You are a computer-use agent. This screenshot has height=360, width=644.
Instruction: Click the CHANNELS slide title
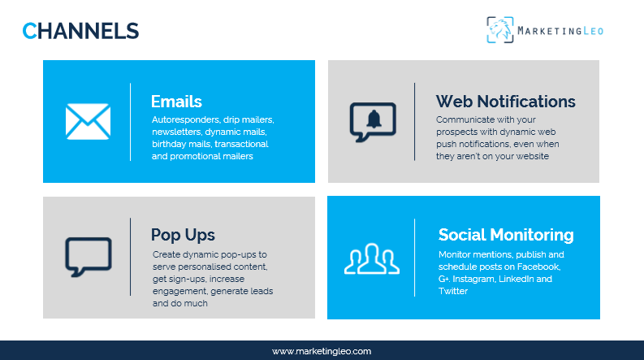click(x=80, y=31)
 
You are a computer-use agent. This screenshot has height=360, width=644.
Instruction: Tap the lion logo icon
click(x=500, y=30)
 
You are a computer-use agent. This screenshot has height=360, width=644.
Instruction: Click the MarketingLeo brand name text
click(x=562, y=31)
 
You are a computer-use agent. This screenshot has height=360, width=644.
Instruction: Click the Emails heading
click(x=176, y=102)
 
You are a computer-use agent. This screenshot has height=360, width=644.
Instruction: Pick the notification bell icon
click(x=373, y=120)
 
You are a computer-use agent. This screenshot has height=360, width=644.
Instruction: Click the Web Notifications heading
click(x=505, y=102)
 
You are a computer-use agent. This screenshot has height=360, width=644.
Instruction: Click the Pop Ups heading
click(x=183, y=235)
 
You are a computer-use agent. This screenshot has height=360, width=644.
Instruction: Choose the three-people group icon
click(x=372, y=258)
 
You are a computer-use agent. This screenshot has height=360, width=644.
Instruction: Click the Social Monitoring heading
click(x=505, y=235)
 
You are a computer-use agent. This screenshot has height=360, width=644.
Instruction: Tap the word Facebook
click(x=538, y=267)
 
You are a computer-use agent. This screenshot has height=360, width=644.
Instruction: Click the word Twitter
click(x=452, y=291)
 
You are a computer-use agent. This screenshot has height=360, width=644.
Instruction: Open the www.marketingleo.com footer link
click(x=322, y=351)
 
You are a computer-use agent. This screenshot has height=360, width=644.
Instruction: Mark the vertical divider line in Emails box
click(x=130, y=121)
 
